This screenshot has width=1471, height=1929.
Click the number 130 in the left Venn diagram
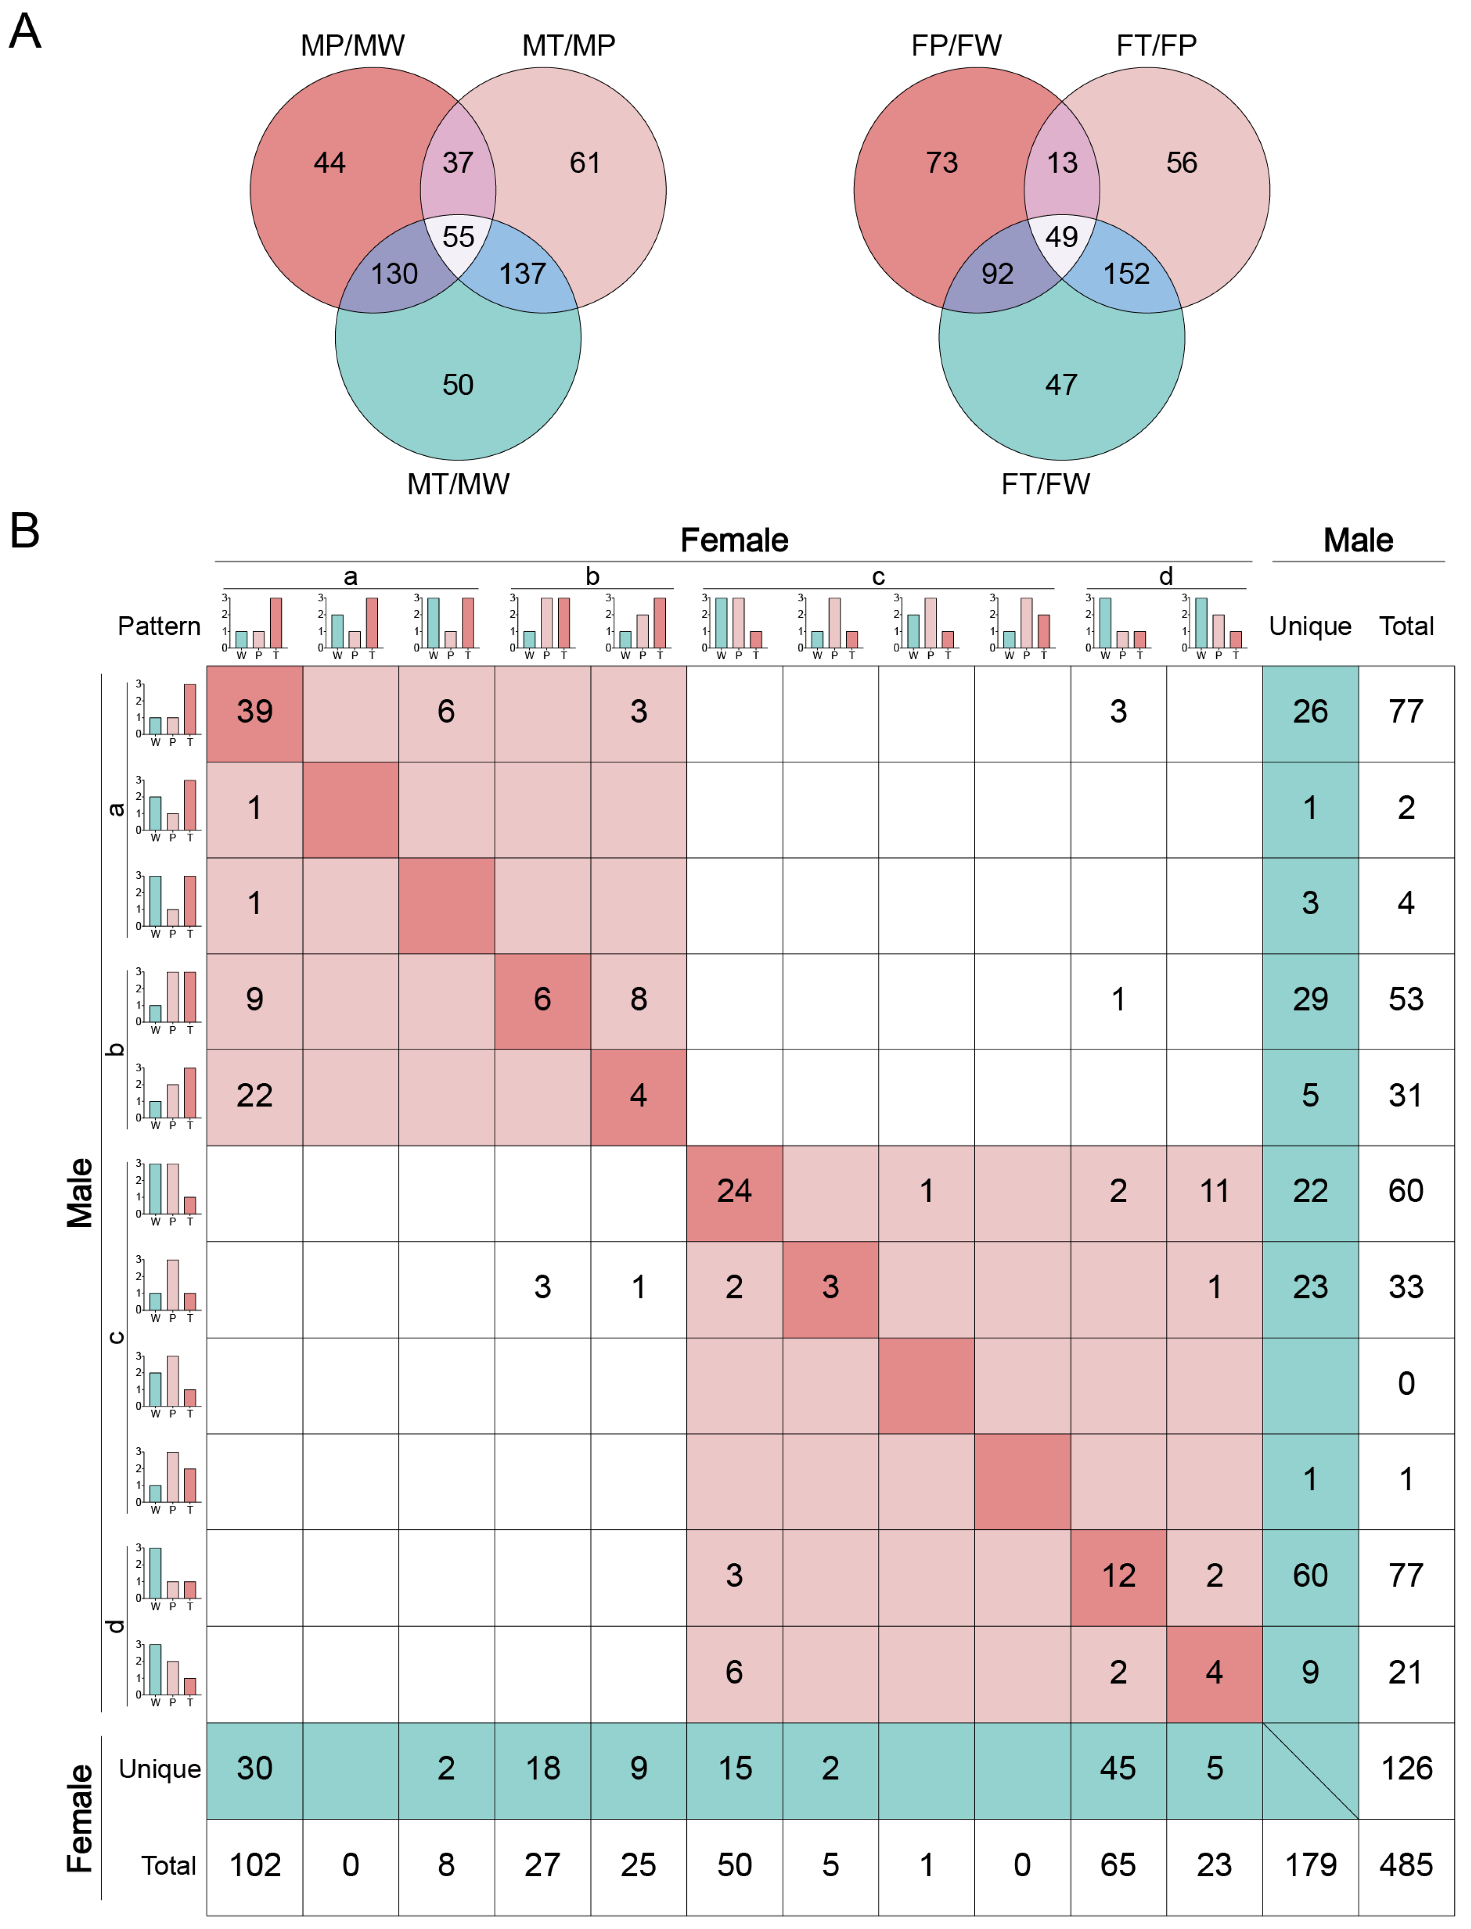click(394, 274)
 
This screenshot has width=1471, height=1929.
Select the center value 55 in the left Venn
click(458, 236)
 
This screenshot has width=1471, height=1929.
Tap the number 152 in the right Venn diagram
click(1126, 274)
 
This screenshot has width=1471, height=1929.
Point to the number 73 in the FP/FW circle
click(942, 163)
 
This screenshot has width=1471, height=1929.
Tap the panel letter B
click(24, 530)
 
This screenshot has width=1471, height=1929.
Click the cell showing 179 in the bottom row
click(1310, 1865)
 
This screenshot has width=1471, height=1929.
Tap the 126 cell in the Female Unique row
click(1406, 1769)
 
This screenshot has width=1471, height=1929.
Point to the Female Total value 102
click(255, 1865)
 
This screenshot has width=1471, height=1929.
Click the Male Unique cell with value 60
click(1310, 1575)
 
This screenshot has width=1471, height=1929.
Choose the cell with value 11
click(1214, 1191)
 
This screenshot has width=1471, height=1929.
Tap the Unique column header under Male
click(1310, 626)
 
